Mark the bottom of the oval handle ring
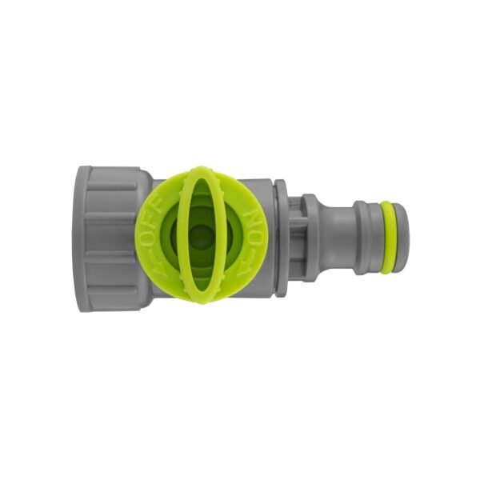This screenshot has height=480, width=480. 204,298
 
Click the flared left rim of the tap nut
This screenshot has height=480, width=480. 84,238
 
